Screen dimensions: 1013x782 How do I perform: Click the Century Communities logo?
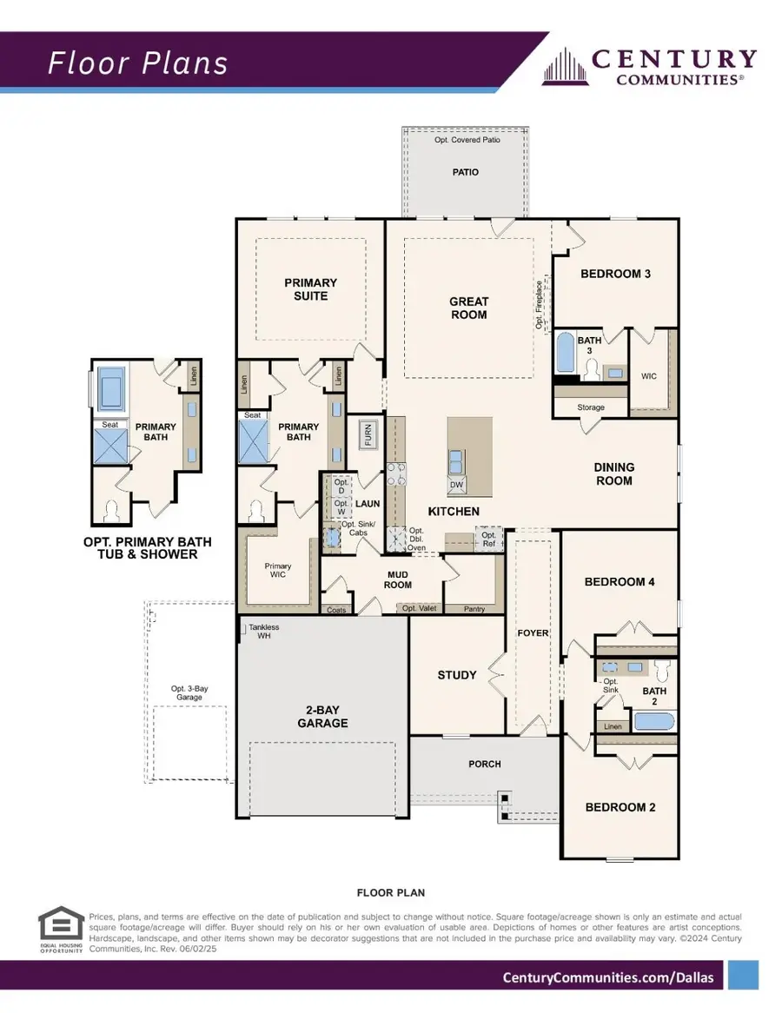coord(650,67)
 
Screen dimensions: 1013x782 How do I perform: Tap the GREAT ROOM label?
coord(468,308)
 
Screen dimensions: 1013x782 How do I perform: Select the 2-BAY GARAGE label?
coord(321,716)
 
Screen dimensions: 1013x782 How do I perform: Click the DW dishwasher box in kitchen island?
coord(457,485)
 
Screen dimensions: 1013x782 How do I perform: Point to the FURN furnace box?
coord(368,434)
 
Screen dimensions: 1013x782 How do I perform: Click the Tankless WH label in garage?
coord(263,632)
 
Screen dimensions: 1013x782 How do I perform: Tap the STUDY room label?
coord(456,675)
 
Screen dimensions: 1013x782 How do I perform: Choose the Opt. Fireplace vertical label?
coord(540,305)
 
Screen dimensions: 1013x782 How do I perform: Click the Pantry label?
coord(474,609)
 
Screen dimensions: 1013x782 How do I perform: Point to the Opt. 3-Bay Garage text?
coord(189,693)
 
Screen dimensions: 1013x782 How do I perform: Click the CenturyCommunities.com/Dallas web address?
coord(608,977)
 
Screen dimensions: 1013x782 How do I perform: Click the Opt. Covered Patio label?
coord(465,140)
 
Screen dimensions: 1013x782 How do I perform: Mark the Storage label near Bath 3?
coord(590,407)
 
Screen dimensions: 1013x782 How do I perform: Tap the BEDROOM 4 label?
coord(619,582)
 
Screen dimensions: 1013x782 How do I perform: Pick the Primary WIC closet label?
coord(278,571)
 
